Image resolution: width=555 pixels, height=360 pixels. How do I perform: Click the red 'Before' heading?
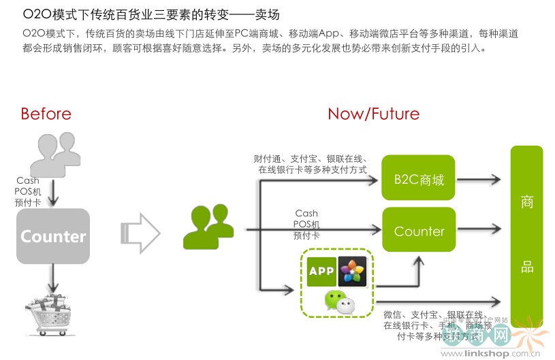(46, 114)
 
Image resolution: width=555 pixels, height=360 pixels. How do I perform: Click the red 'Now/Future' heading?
(373, 114)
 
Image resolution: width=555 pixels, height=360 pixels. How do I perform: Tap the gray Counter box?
(53, 236)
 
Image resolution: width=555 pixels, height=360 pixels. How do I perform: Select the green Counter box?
(419, 231)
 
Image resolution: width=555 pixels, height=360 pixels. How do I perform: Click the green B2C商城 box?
(419, 180)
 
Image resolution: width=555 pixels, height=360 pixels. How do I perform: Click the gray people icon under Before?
(52, 153)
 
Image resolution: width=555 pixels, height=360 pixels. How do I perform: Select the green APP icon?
(322, 270)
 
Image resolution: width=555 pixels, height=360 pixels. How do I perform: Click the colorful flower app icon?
(353, 270)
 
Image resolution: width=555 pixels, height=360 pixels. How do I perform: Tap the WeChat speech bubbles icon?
(338, 300)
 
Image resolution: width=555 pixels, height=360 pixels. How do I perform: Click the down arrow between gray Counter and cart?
(53, 278)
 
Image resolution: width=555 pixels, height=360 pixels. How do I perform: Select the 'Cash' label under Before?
(29, 181)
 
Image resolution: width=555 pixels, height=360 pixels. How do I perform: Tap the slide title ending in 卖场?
(151, 14)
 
